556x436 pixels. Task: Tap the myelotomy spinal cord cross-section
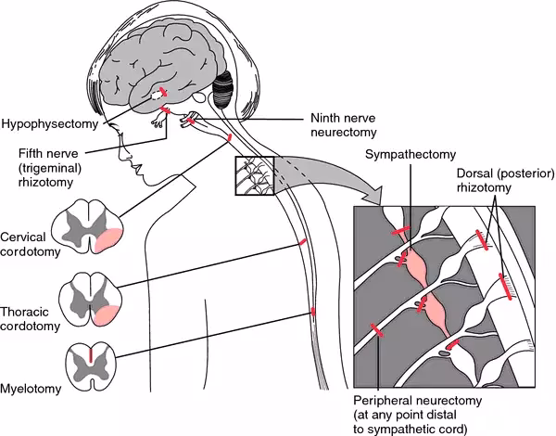(x=89, y=357)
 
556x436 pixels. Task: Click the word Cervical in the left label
(x=24, y=237)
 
